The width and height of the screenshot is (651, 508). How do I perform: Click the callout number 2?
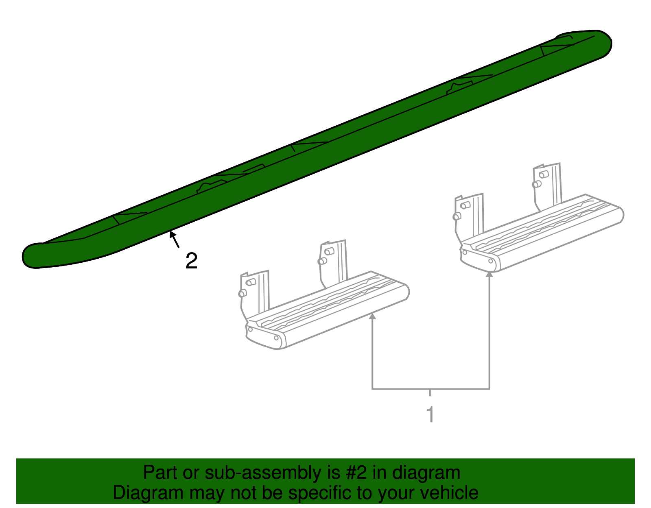pos(192,261)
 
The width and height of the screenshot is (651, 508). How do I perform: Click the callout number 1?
pos(430,414)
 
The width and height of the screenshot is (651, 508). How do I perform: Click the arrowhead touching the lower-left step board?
pos(372,316)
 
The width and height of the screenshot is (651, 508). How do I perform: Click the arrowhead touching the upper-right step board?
pos(489,274)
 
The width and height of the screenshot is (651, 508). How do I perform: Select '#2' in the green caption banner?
pos(356,472)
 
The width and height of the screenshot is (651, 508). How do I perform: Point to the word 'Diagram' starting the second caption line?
pos(148,493)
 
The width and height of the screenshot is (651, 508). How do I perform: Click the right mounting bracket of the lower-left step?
pos(333,264)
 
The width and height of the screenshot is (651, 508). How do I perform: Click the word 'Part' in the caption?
pos(160,472)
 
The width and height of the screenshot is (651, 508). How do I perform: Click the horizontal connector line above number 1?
pos(430,389)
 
